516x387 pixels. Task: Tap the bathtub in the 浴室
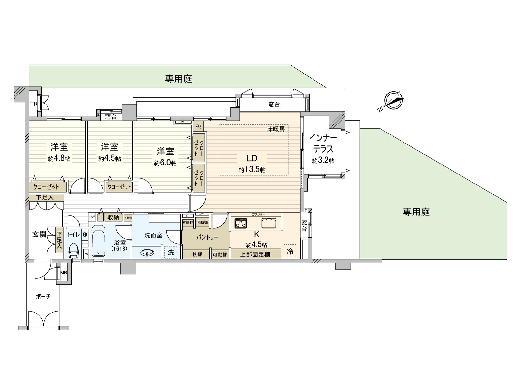(x=98, y=240)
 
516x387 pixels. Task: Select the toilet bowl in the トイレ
(x=74, y=251)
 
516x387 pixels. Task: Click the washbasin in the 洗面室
(x=147, y=253)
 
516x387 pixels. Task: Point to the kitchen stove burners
(x=241, y=223)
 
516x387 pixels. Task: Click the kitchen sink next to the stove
(x=268, y=223)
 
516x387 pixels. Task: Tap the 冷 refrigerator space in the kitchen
(x=290, y=251)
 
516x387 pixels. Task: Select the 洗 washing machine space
(x=171, y=252)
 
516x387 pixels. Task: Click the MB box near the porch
(x=64, y=273)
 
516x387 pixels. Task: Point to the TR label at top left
(x=34, y=104)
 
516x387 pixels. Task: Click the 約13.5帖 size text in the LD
(x=252, y=170)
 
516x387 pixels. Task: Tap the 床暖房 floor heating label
(x=276, y=129)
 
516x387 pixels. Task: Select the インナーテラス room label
(x=323, y=144)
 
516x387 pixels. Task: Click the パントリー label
(x=207, y=237)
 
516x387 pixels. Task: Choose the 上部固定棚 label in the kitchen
(x=255, y=254)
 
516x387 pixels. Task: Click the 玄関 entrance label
(x=39, y=234)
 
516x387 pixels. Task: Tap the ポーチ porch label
(x=43, y=296)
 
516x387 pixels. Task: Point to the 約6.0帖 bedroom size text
(x=165, y=163)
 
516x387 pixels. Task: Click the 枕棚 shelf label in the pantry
(x=197, y=254)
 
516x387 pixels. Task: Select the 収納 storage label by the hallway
(x=113, y=218)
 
